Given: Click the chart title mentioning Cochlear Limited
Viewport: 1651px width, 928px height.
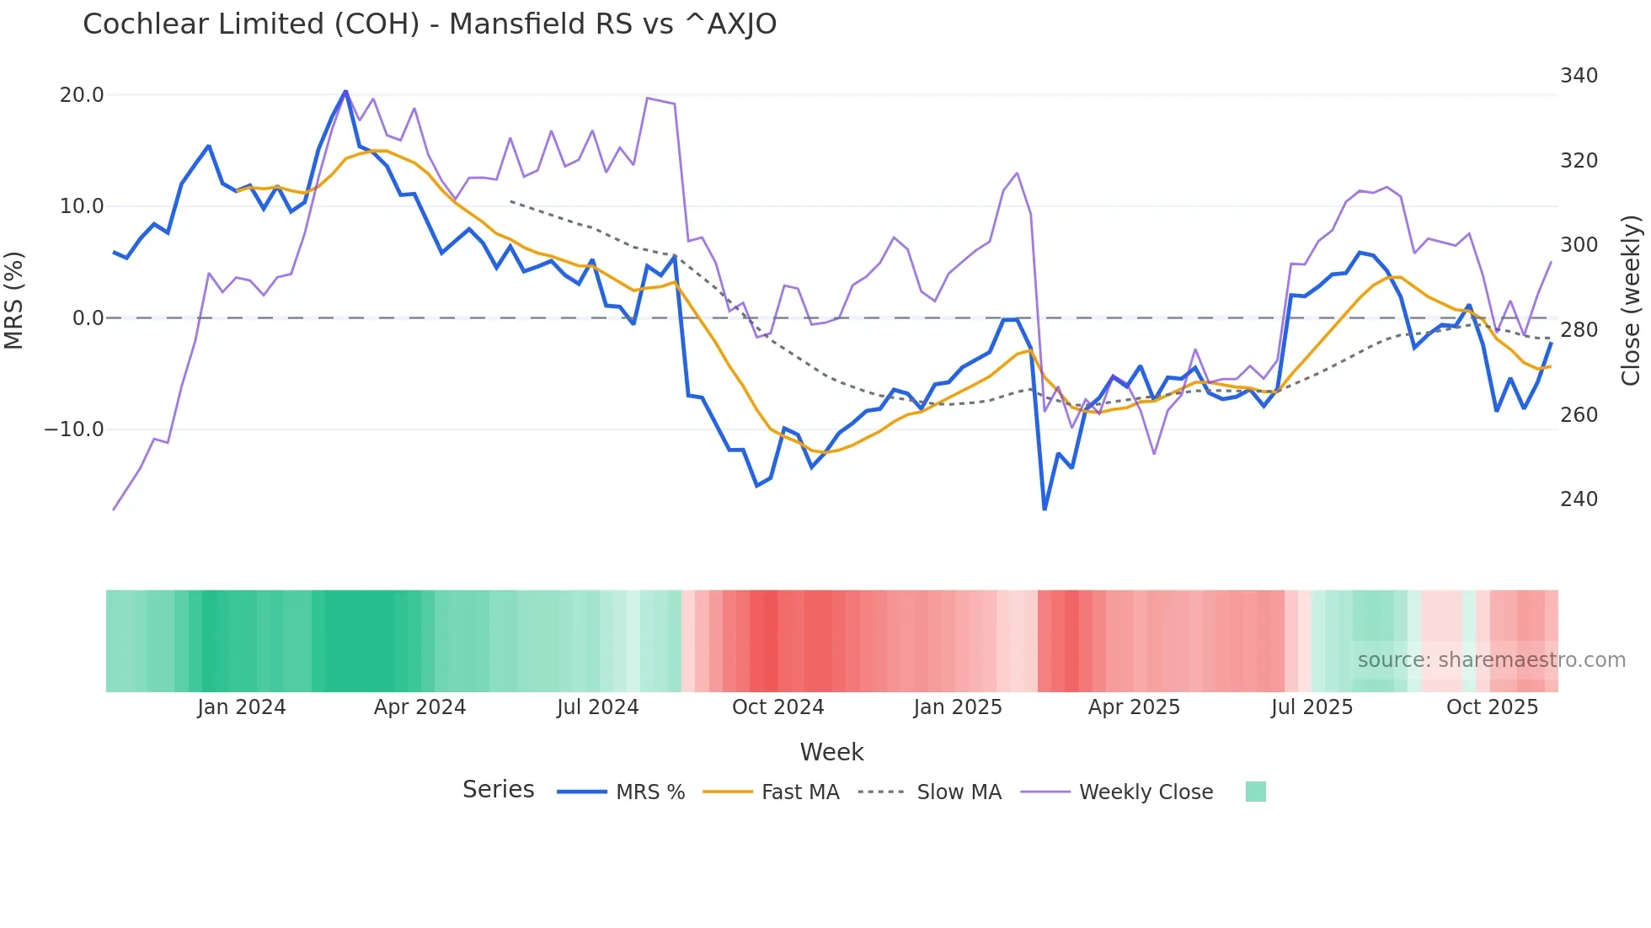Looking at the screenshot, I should [430, 24].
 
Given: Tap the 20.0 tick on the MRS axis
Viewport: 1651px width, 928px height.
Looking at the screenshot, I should [82, 95].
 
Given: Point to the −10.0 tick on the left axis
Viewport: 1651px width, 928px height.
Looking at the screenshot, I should [74, 429].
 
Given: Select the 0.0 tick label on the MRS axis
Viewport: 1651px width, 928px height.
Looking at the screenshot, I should [88, 318].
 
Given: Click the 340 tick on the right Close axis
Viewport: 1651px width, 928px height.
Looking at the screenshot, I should [1579, 76].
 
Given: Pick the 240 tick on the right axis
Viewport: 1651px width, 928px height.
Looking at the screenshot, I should [1579, 499].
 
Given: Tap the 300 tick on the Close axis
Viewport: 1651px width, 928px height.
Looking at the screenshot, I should [1579, 245].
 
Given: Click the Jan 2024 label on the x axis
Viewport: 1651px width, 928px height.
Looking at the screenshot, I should [242, 707].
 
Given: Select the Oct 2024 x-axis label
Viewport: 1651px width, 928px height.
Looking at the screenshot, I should [777, 707].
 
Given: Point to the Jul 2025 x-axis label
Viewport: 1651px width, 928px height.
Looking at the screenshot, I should [1312, 707].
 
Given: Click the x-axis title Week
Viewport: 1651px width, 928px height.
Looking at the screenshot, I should [831, 752].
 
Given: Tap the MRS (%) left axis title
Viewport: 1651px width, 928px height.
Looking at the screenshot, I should [14, 300].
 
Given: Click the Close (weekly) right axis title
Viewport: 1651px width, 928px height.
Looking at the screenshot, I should [1631, 300].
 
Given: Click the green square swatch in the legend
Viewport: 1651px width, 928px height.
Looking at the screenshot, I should [1255, 792].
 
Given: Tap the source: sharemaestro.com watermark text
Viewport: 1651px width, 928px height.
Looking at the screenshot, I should [1491, 660].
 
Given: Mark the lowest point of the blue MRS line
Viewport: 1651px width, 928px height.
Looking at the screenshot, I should [1045, 509].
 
